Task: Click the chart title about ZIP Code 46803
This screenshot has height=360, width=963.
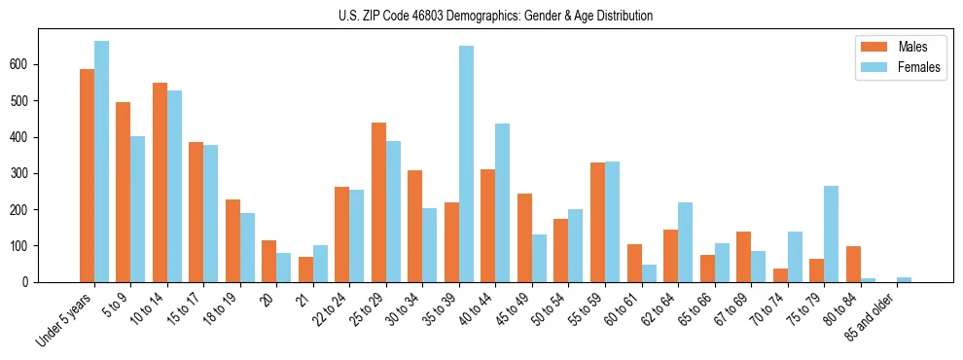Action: (481, 16)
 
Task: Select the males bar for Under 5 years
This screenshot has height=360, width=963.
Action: (87, 175)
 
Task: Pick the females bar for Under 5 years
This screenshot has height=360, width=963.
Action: (101, 162)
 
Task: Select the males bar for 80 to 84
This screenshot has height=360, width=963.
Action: (853, 264)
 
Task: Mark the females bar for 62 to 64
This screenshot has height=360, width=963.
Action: (685, 242)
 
